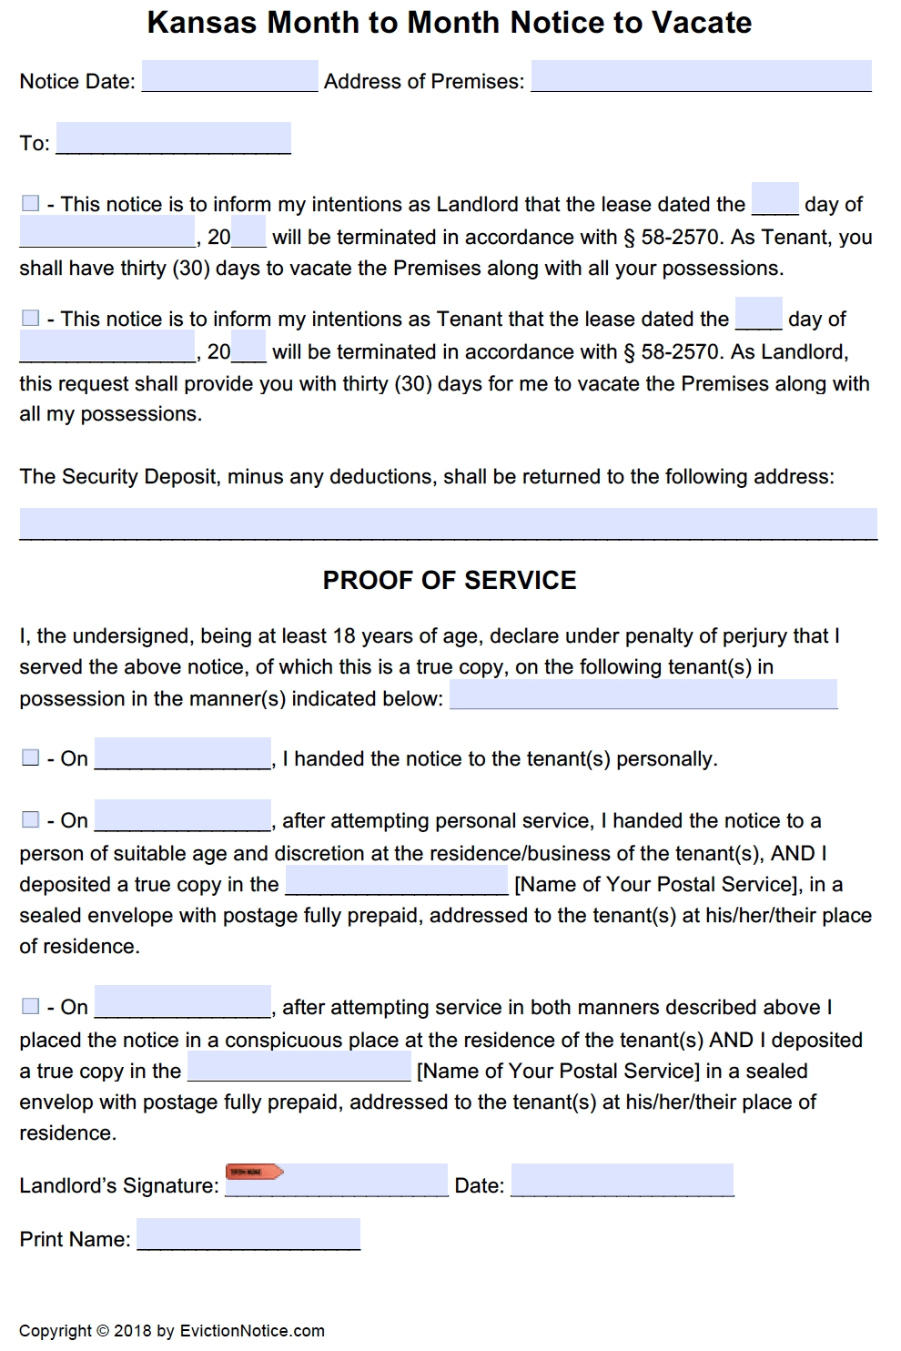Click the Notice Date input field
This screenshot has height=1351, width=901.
(x=229, y=76)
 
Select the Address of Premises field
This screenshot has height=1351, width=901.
(x=701, y=76)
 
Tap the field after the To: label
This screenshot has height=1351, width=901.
(x=173, y=138)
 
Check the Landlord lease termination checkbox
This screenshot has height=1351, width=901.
(x=30, y=203)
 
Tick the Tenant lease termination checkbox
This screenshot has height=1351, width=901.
(x=30, y=318)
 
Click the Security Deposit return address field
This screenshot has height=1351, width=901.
(x=448, y=523)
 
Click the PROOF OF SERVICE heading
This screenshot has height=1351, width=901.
(x=450, y=581)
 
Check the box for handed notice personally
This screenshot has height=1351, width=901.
(x=30, y=758)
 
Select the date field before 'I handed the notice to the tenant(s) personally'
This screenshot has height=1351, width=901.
(x=182, y=754)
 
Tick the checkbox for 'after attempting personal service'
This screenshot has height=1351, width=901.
(x=30, y=820)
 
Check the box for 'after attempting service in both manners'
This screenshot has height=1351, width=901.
(x=30, y=1006)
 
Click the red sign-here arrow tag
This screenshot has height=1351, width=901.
(x=254, y=1172)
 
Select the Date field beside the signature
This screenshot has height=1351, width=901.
(x=622, y=1180)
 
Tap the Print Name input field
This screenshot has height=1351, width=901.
(x=248, y=1234)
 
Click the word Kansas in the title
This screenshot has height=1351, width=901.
(x=202, y=22)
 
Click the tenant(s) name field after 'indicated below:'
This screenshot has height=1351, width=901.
(x=643, y=694)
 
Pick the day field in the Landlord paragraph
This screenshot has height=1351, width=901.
(x=775, y=198)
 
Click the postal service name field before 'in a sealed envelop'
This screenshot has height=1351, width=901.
(x=299, y=1067)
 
